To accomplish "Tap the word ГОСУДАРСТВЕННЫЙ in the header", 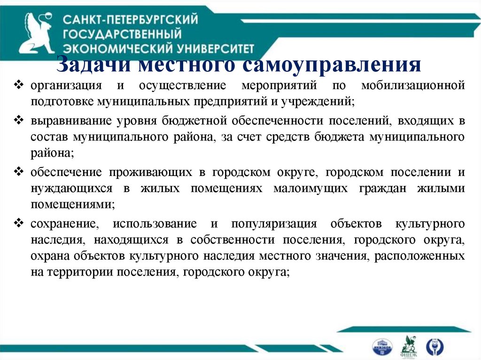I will pos(122,34).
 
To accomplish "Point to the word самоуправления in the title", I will pos(332,64).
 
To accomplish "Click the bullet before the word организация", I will pos(19,85).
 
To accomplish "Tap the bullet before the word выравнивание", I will pos(19,120).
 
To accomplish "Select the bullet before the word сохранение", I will pos(19,222).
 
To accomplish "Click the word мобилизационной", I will pos(413,86).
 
